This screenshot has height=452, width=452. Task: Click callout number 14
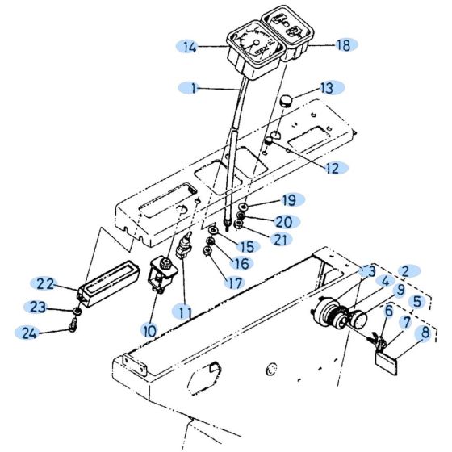click(x=190, y=48)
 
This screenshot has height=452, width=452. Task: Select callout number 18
click(x=343, y=46)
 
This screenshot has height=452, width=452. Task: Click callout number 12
click(x=332, y=167)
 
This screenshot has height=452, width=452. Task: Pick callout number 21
click(x=280, y=239)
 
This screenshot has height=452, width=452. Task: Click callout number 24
click(x=30, y=332)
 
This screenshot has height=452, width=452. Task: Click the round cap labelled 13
click(x=287, y=103)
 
